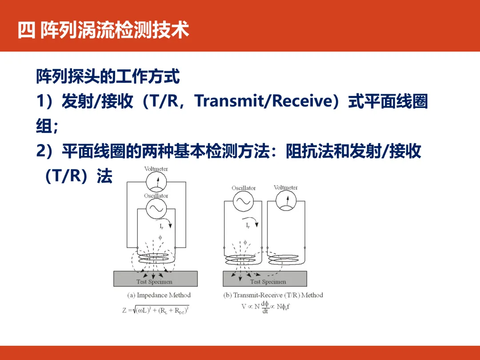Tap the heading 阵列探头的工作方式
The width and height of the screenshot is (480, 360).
(x=108, y=77)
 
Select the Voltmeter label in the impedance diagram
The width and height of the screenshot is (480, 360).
(x=156, y=169)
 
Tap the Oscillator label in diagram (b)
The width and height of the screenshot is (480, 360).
(x=244, y=188)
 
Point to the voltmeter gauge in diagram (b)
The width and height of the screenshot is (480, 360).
(x=286, y=201)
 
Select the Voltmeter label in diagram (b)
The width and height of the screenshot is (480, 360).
(x=286, y=188)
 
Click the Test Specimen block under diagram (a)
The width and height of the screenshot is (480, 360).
(x=155, y=279)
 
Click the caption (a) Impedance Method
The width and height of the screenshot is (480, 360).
(x=159, y=295)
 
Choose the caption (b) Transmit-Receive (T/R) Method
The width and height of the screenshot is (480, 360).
(x=273, y=295)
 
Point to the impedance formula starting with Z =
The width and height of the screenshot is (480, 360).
(x=156, y=310)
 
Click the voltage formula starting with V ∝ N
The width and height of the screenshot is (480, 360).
(x=266, y=307)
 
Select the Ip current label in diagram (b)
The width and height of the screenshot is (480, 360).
(x=248, y=226)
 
